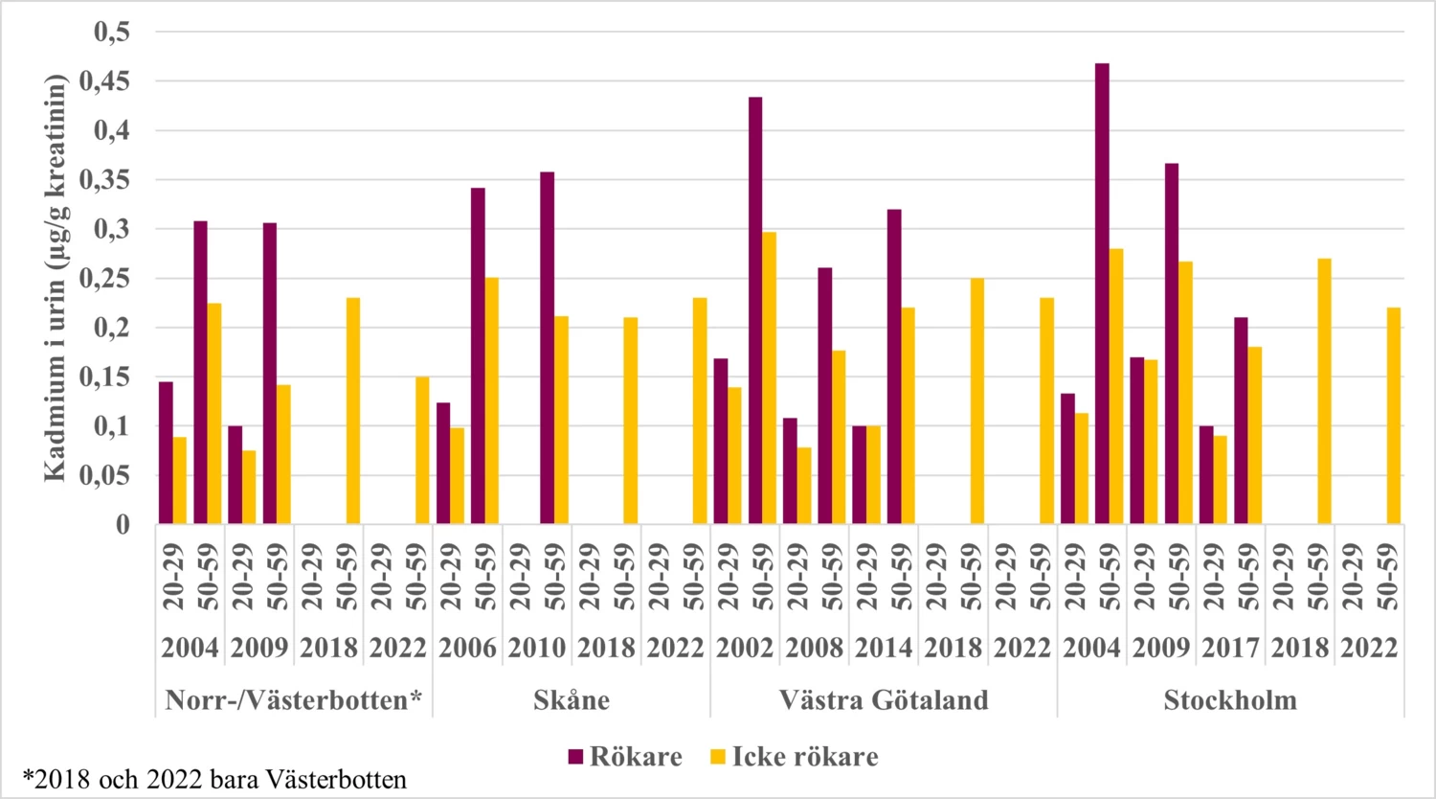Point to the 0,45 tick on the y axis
coord(110,81)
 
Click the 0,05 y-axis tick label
coord(110,475)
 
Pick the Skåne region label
coord(571,700)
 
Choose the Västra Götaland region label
coord(883,700)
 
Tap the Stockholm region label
coord(1230,700)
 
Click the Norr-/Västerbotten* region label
coord(293,700)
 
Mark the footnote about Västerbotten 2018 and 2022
coord(214,779)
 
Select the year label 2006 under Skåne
coord(467,649)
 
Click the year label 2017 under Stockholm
coord(1230,649)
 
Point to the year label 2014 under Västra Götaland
coord(883,649)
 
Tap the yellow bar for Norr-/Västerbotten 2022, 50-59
coord(422,450)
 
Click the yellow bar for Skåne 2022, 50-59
coord(700,411)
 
